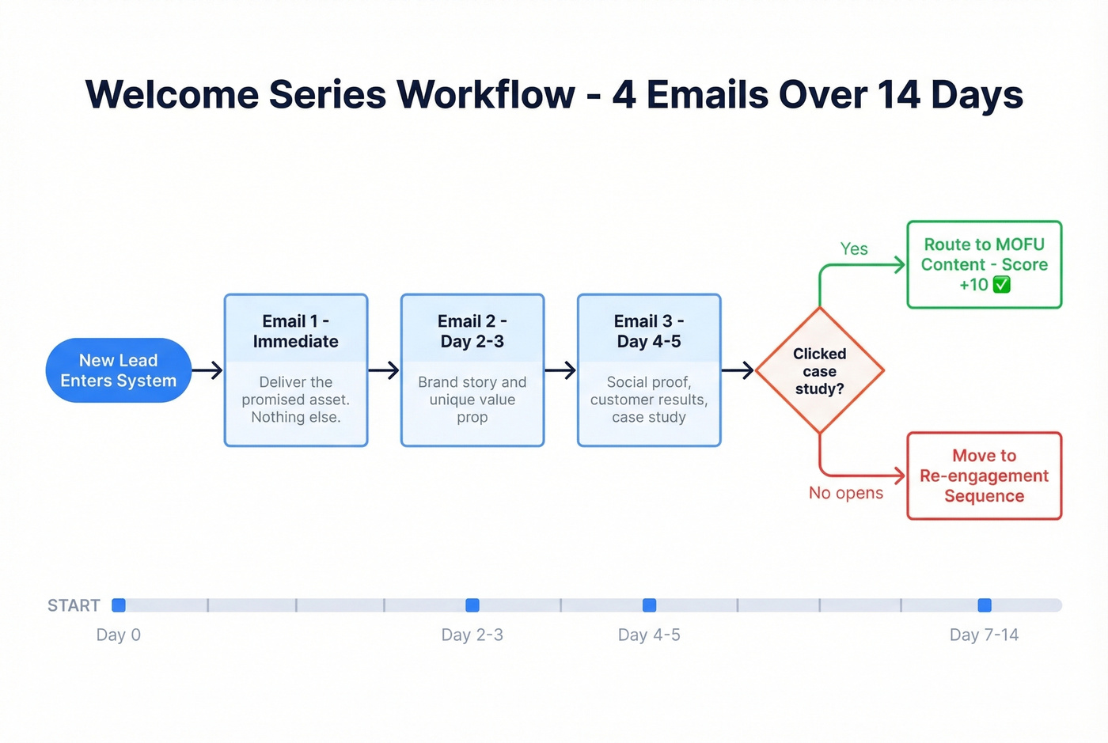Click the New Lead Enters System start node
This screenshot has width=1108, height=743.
point(119,370)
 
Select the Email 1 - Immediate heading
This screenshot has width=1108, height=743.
point(295,332)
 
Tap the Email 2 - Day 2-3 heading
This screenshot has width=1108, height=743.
point(472,332)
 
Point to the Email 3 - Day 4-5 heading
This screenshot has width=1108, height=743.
point(649,332)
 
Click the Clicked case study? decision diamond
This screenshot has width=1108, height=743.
point(819,370)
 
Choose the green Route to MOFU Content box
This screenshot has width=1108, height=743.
point(984,264)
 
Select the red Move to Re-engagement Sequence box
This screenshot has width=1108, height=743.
point(984,476)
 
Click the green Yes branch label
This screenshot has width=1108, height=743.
point(854,248)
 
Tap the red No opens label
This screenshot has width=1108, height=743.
point(845,493)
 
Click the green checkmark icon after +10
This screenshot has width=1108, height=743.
point(1002,285)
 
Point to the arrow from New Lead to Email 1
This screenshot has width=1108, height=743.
point(207,370)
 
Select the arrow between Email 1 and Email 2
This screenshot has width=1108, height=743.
point(384,370)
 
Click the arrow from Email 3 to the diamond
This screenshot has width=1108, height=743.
point(738,370)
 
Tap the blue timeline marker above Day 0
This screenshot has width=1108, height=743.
point(119,605)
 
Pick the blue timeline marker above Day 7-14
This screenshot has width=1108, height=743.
point(985,605)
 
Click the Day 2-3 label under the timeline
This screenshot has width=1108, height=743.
point(472,635)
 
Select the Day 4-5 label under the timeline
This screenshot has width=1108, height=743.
point(649,635)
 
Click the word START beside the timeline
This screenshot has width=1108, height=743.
point(74,605)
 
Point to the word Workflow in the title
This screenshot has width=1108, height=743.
point(485,94)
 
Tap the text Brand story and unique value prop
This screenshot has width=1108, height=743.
point(472,400)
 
